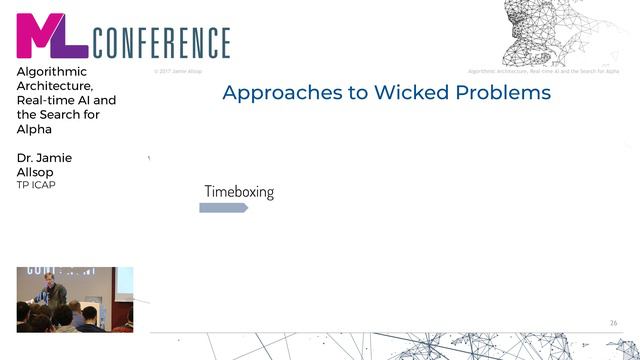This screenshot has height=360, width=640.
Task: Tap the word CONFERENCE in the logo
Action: (161, 43)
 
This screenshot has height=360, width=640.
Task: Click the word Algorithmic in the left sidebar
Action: (52, 72)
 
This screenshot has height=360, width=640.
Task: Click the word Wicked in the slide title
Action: (413, 93)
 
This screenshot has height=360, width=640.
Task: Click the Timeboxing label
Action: (239, 191)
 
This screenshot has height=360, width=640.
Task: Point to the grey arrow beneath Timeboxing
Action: (223, 208)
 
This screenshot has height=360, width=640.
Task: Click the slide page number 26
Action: (613, 322)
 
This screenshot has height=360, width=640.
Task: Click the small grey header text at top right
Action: (544, 71)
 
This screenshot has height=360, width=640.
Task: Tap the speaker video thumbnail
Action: (75, 299)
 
